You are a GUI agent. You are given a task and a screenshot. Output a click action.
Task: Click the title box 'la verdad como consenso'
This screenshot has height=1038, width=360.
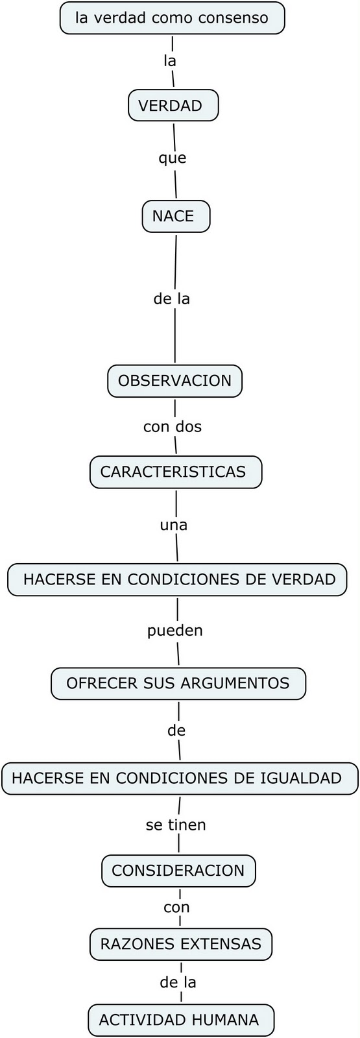pyautogui.click(x=172, y=18)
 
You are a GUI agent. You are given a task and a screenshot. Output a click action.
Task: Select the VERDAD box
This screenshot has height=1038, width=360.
pyautogui.click(x=173, y=106)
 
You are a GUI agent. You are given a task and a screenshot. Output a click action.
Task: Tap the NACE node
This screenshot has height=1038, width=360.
pyautogui.click(x=176, y=216)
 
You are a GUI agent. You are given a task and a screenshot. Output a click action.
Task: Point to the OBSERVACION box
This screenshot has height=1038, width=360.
pyautogui.click(x=174, y=381)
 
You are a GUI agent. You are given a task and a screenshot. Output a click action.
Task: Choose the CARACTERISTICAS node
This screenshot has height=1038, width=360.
pyautogui.click(x=176, y=472)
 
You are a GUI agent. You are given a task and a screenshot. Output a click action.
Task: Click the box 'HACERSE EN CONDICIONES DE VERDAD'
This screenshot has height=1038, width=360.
pyautogui.click(x=177, y=579)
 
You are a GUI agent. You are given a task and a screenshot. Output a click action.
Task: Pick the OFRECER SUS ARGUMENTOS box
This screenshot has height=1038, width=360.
pyautogui.click(x=178, y=683)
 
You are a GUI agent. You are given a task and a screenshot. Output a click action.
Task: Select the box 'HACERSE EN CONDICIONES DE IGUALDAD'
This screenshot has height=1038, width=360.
pyautogui.click(x=180, y=778)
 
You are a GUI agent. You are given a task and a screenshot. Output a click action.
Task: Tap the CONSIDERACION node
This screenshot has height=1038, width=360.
pyautogui.click(x=178, y=871)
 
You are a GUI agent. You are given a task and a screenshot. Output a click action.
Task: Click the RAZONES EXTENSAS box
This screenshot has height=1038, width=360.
pyautogui.click(x=181, y=944)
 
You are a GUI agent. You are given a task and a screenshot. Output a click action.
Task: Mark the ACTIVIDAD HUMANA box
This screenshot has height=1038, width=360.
pyautogui.click(x=181, y=1020)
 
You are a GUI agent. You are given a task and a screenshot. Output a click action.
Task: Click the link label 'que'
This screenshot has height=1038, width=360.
pyautogui.click(x=173, y=158)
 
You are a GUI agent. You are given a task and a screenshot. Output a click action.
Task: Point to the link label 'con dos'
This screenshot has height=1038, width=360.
pyautogui.click(x=173, y=426)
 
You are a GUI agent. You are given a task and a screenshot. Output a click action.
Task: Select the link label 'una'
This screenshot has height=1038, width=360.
pyautogui.click(x=174, y=525)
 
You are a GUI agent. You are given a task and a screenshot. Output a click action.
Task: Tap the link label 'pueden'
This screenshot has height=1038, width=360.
pyautogui.click(x=175, y=631)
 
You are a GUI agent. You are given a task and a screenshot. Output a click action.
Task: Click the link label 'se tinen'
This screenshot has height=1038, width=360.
pyautogui.click(x=176, y=825)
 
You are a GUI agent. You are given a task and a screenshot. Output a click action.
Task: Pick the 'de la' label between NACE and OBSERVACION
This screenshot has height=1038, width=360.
pyautogui.click(x=171, y=299)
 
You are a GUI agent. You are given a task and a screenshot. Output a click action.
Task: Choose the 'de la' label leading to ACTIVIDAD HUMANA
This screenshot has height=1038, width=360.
pyautogui.click(x=178, y=982)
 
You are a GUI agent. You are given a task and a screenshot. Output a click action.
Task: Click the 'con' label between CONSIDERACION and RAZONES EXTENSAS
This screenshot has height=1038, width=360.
pyautogui.click(x=176, y=908)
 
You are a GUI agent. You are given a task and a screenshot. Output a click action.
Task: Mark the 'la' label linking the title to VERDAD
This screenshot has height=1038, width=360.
pyautogui.click(x=170, y=61)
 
